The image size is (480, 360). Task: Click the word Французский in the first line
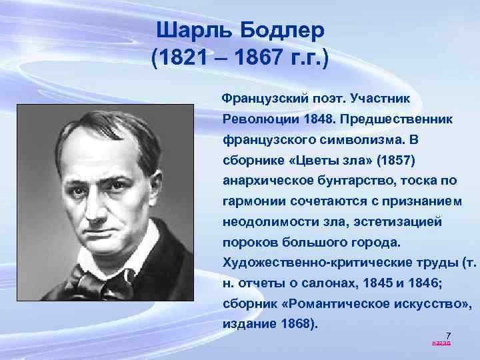(267, 98)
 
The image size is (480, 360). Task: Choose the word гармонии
(253, 201)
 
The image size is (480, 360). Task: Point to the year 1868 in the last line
(293, 325)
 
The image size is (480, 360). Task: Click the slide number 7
(448, 335)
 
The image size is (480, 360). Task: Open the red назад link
(441, 343)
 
